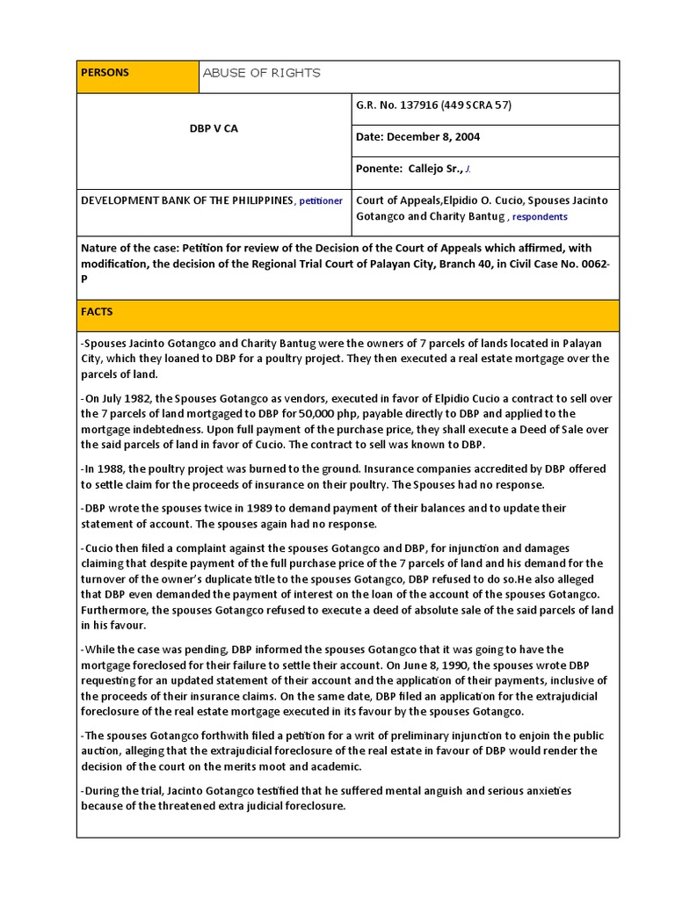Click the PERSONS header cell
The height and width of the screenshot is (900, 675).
[105, 73]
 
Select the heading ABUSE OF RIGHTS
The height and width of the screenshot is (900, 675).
[261, 73]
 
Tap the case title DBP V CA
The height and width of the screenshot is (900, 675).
[214, 128]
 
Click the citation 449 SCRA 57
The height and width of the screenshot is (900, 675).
[484, 105]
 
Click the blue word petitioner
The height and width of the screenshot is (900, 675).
[321, 201]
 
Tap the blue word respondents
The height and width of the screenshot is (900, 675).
[540, 217]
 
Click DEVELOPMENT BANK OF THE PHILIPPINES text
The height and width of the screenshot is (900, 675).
[186, 200]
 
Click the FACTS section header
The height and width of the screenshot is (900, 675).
[97, 312]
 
